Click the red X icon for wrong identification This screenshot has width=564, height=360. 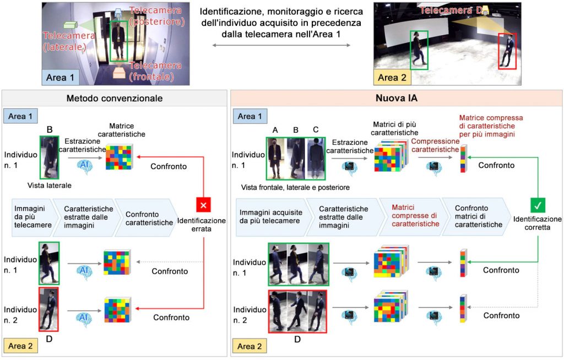pos(204,206)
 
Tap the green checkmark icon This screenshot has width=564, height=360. pos(537,206)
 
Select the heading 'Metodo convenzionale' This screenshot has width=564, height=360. pos(115,99)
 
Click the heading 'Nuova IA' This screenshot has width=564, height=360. pos(396,99)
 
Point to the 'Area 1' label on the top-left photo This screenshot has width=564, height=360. pos(60,78)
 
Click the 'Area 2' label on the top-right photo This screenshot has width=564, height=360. pos(392,78)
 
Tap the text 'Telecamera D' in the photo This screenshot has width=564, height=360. pos(447,10)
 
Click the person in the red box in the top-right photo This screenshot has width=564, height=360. pos(507,51)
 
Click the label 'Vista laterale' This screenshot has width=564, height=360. pos(50,186)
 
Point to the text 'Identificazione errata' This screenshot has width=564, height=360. pos(202,225)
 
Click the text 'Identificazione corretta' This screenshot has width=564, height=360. pos(537,223)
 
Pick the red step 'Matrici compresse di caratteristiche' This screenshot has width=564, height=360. pos(415,216)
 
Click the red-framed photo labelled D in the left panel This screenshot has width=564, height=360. pos(48,309)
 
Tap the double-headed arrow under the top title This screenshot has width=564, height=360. pos(281,45)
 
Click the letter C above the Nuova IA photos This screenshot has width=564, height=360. pos(315,130)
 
